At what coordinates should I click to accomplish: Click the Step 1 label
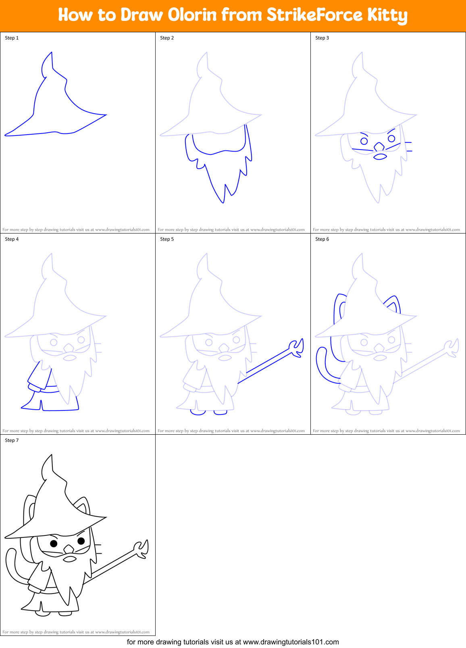pyautogui.click(x=12, y=38)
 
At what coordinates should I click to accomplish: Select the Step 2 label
pyautogui.click(x=167, y=38)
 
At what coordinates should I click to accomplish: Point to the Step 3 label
pyautogui.click(x=322, y=38)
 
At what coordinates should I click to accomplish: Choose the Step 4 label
pyautogui.click(x=12, y=239)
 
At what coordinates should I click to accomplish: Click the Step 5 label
pyautogui.click(x=167, y=239)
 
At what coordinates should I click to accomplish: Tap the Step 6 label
pyautogui.click(x=322, y=239)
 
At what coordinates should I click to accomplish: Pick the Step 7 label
pyautogui.click(x=12, y=440)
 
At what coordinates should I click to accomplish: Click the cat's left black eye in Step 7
pyautogui.click(x=54, y=543)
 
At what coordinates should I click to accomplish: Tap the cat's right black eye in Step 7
pyautogui.click(x=81, y=541)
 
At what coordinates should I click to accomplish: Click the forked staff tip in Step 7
pyautogui.click(x=142, y=549)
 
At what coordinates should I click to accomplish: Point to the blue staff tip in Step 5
pyautogui.click(x=297, y=348)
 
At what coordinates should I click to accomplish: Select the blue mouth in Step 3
pyautogui.click(x=380, y=156)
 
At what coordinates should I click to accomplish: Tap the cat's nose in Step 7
pyautogui.click(x=69, y=549)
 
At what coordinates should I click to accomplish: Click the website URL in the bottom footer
pyautogui.click(x=291, y=642)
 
